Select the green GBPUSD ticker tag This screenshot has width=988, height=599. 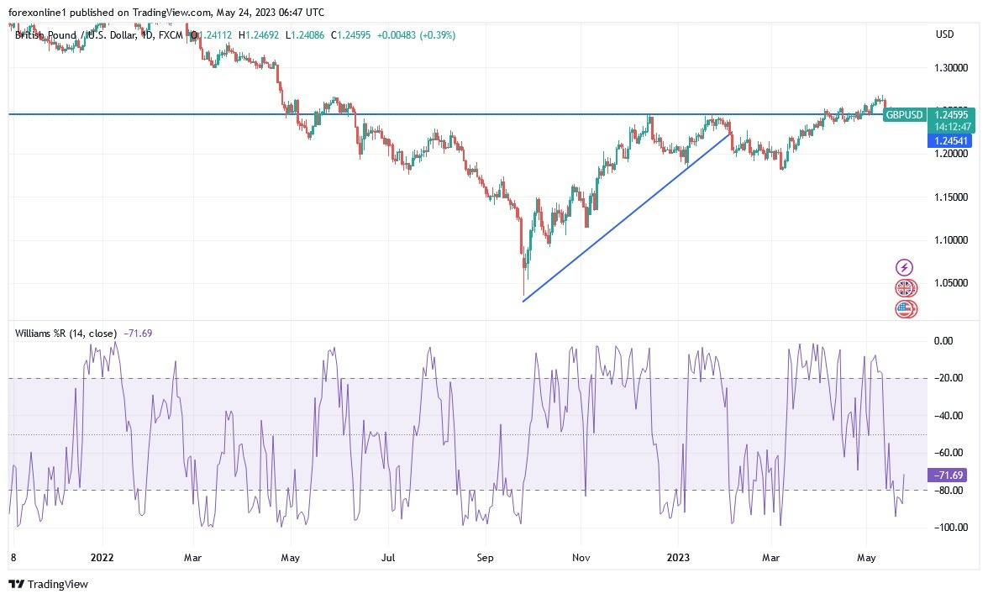pyautogui.click(x=905, y=115)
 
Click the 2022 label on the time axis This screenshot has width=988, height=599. pyautogui.click(x=102, y=556)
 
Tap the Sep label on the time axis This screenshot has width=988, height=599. pyautogui.click(x=485, y=556)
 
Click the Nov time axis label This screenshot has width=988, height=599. pyautogui.click(x=581, y=556)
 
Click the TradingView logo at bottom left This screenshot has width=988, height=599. pyautogui.click(x=48, y=584)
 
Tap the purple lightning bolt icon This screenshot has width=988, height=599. pyautogui.click(x=905, y=268)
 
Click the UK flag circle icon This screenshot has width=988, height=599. pyautogui.click(x=906, y=288)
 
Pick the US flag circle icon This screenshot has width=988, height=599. pyautogui.click(x=906, y=308)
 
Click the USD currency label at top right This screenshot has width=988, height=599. pyautogui.click(x=944, y=34)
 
